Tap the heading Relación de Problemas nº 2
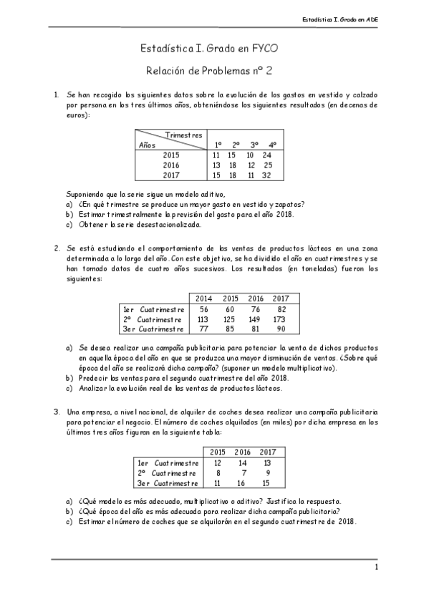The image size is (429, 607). [214, 71]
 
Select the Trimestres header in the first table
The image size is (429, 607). [184, 135]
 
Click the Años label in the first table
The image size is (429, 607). [147, 145]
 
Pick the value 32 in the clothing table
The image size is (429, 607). [266, 175]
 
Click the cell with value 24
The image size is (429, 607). [266, 155]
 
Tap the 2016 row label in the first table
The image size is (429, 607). [170, 165]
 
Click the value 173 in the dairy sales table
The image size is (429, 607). [280, 319]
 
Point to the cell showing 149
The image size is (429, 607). [256, 319]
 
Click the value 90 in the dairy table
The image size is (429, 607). [281, 329]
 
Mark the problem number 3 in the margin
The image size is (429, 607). [56, 412]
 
